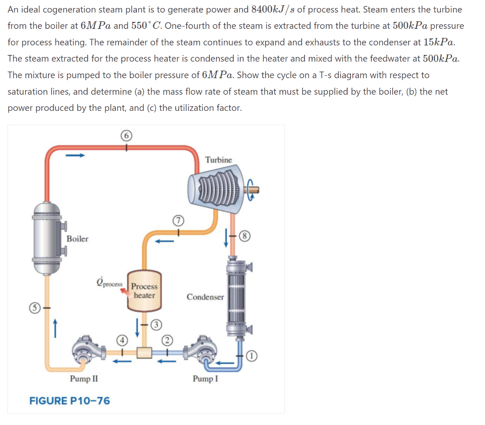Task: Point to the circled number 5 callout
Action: [x=34, y=306]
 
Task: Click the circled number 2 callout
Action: [x=166, y=340]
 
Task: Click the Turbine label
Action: [x=218, y=160]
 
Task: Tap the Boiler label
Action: [x=77, y=239]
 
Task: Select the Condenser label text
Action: [x=205, y=297]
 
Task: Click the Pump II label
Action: [x=84, y=379]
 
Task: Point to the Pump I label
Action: [x=205, y=379]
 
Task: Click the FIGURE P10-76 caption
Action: [x=70, y=401]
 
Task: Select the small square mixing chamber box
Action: [x=144, y=353]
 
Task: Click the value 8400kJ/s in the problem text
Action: [x=273, y=9]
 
